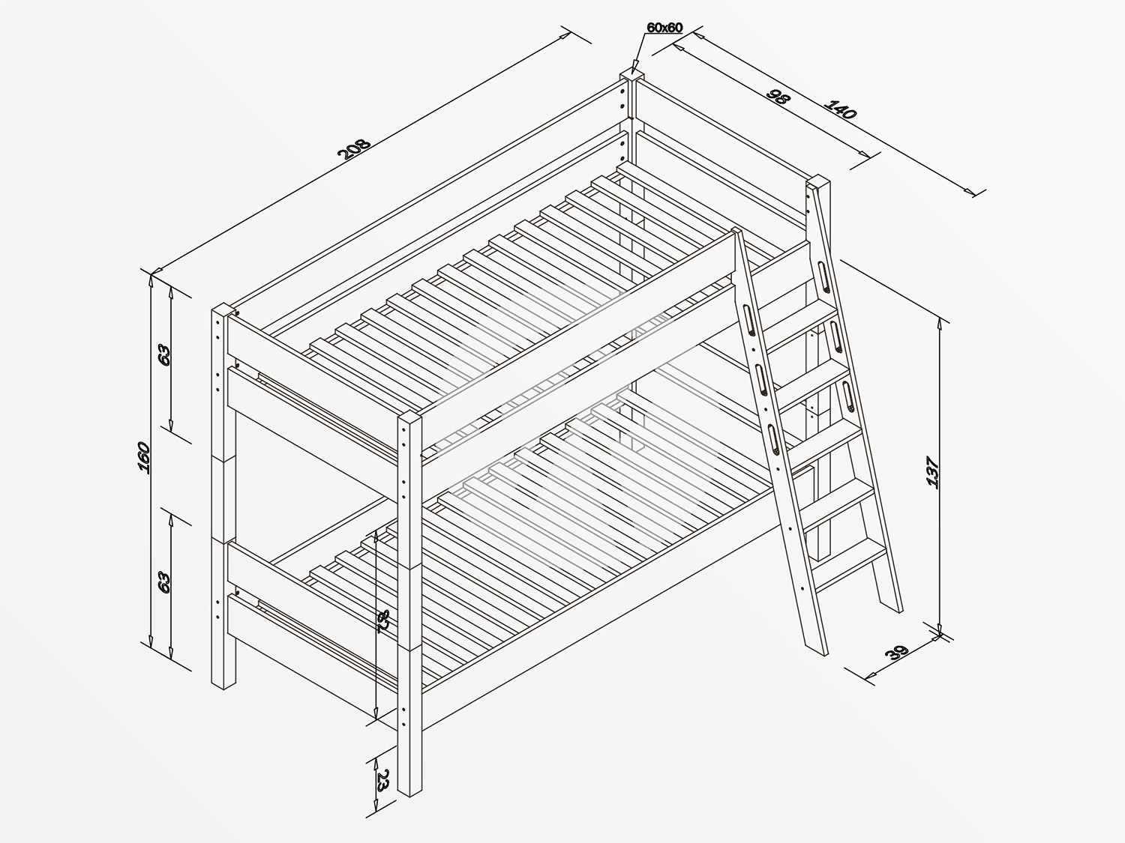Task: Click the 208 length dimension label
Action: (x=354, y=148)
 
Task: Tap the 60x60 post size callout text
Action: (x=664, y=28)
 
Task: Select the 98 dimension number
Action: (x=778, y=97)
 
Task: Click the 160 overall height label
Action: (x=143, y=457)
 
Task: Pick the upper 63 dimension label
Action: (x=164, y=354)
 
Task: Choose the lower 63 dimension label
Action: (x=164, y=582)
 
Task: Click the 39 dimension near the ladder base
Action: (x=896, y=653)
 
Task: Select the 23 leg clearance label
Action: (x=382, y=781)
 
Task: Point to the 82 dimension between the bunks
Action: (x=383, y=621)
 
